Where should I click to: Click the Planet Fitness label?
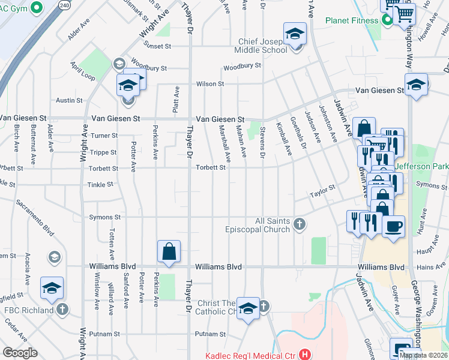352,20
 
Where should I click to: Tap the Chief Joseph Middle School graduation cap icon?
295,34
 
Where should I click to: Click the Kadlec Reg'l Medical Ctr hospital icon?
305,355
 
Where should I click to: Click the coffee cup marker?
393,227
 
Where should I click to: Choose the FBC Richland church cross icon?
63,310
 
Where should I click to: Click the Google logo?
20,353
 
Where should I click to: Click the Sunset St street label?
157,45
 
